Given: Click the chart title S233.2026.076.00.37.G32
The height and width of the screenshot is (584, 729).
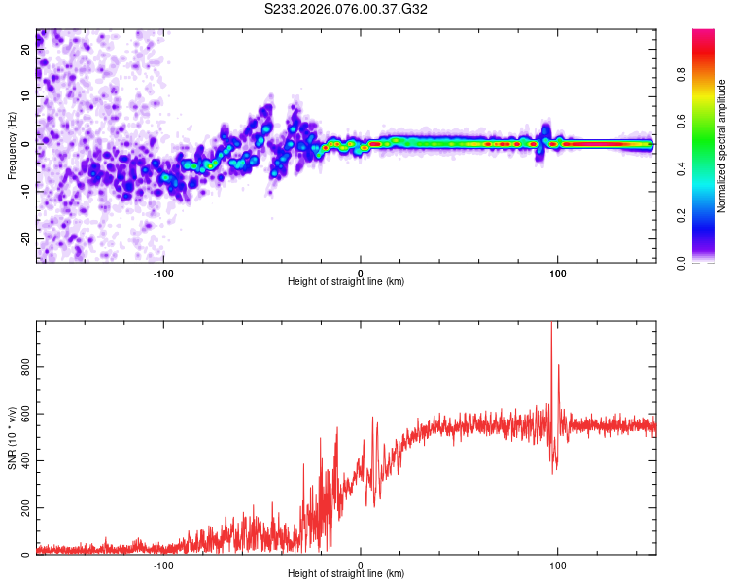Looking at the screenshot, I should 347,10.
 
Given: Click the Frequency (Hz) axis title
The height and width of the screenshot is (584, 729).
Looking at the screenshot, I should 12,145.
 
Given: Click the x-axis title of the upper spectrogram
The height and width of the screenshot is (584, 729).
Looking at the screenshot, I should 346,282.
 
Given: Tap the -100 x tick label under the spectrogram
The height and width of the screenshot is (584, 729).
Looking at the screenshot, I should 163,273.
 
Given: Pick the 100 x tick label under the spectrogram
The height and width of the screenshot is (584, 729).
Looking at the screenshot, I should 557,273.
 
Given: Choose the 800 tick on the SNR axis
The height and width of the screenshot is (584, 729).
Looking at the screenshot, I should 23,366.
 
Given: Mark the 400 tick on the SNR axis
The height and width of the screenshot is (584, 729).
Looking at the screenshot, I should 23,460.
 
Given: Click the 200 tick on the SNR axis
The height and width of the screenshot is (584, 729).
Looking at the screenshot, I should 23,508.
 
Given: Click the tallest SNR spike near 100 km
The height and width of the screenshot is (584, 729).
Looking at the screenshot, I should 551,325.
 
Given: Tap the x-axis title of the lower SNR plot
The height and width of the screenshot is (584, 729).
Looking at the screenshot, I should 346,574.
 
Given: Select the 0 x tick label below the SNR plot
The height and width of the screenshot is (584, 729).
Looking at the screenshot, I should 361,565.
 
